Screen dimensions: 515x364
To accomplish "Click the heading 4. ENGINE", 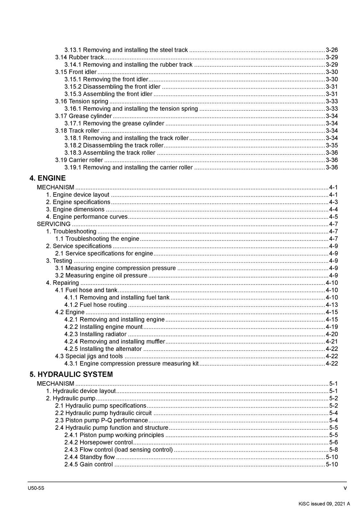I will (x=47, y=178).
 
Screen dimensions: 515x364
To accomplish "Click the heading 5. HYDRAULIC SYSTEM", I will (x=71, y=374).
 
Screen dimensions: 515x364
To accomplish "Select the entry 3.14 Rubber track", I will (x=79, y=57).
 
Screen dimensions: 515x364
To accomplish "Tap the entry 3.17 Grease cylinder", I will (x=83, y=116).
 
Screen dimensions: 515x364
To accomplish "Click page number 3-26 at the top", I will (x=331, y=50).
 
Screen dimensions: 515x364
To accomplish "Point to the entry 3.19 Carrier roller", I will (x=79, y=160).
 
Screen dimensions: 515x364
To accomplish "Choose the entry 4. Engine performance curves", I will (x=87, y=217).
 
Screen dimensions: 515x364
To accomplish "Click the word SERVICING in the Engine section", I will (x=53, y=224).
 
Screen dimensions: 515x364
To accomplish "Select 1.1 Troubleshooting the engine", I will (x=97, y=239).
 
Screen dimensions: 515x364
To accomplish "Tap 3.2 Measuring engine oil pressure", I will (x=101, y=276).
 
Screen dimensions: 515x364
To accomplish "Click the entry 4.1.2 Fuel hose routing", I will (x=96, y=305).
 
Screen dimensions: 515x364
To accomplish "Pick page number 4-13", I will (x=331, y=305).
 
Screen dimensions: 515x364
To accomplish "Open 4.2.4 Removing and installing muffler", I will (x=115, y=342).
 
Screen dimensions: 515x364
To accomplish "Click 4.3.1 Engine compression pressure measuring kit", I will (x=131, y=364).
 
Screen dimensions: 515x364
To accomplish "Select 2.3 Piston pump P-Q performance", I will (x=101, y=420).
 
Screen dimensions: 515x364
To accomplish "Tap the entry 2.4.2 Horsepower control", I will (x=98, y=443).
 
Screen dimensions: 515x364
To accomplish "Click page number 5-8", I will (x=333, y=450).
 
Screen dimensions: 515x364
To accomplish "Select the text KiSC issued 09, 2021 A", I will (x=324, y=504).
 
